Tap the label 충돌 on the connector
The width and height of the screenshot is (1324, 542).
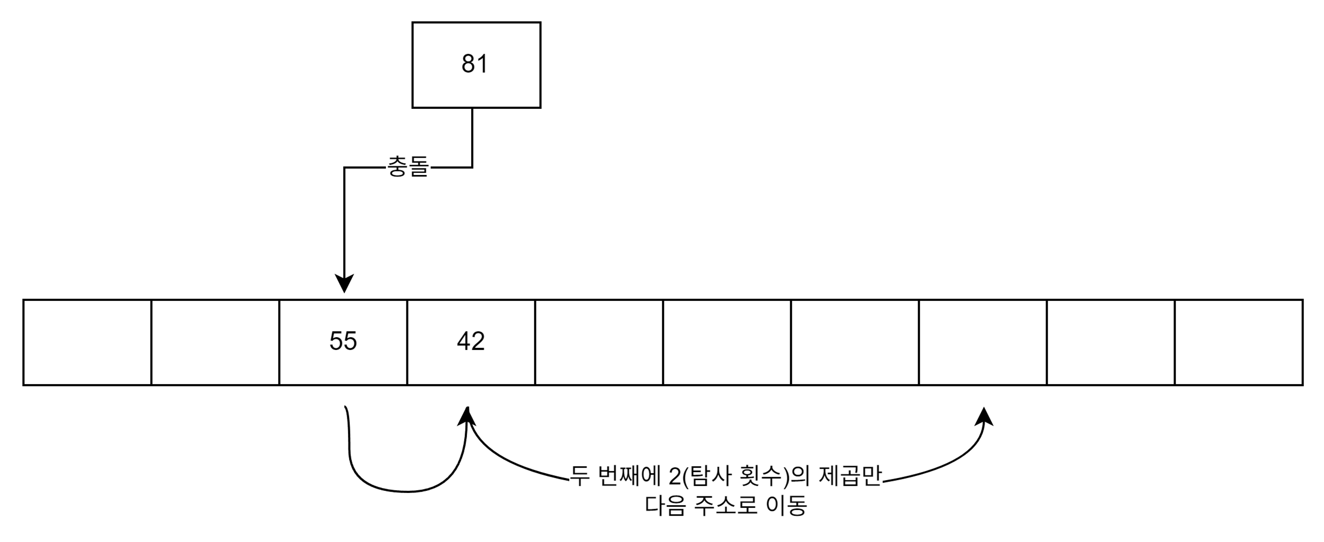[x=408, y=167]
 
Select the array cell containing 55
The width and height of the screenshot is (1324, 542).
[x=343, y=341]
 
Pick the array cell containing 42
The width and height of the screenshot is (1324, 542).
[x=471, y=341]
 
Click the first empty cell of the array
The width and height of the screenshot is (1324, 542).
[x=87, y=342]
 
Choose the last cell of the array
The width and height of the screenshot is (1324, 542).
[x=1239, y=342]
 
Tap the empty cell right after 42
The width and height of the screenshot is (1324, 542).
[x=599, y=342]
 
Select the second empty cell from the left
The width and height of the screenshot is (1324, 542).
[x=215, y=342]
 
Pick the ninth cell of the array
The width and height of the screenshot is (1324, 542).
[x=1111, y=342]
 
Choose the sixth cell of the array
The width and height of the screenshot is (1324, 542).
[x=727, y=342]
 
